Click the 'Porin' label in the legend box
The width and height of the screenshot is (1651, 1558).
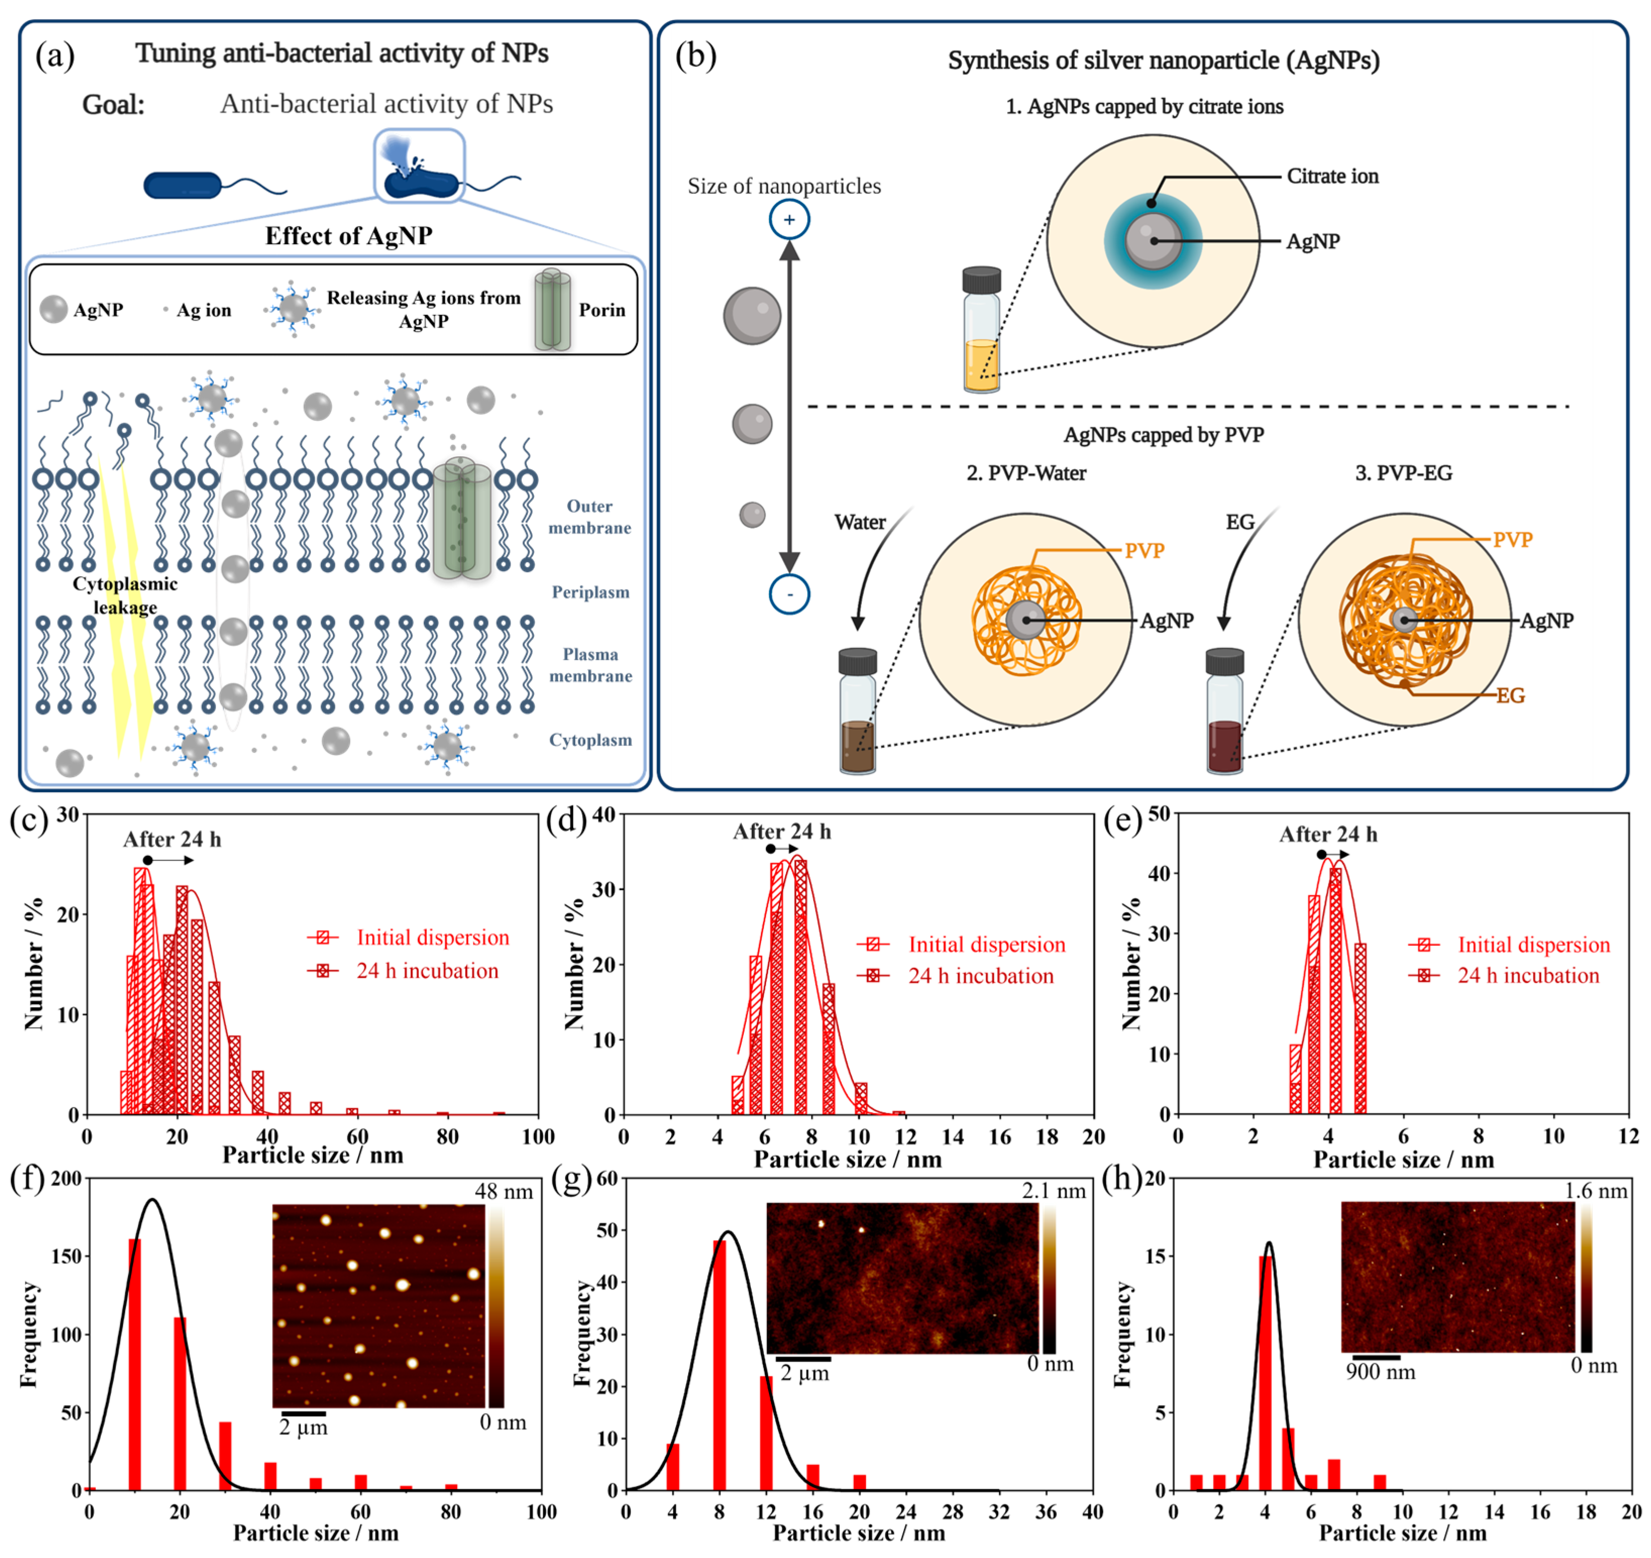pos(601,310)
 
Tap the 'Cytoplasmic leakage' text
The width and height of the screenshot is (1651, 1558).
pos(125,595)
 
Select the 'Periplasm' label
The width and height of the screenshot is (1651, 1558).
pos(590,592)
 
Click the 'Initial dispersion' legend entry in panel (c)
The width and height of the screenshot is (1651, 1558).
pos(432,937)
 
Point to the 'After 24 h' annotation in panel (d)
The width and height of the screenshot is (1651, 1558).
pos(782,831)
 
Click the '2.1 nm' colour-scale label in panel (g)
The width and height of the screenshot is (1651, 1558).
pos(1053,1191)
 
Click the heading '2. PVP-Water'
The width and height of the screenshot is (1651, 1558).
pos(1026,473)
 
